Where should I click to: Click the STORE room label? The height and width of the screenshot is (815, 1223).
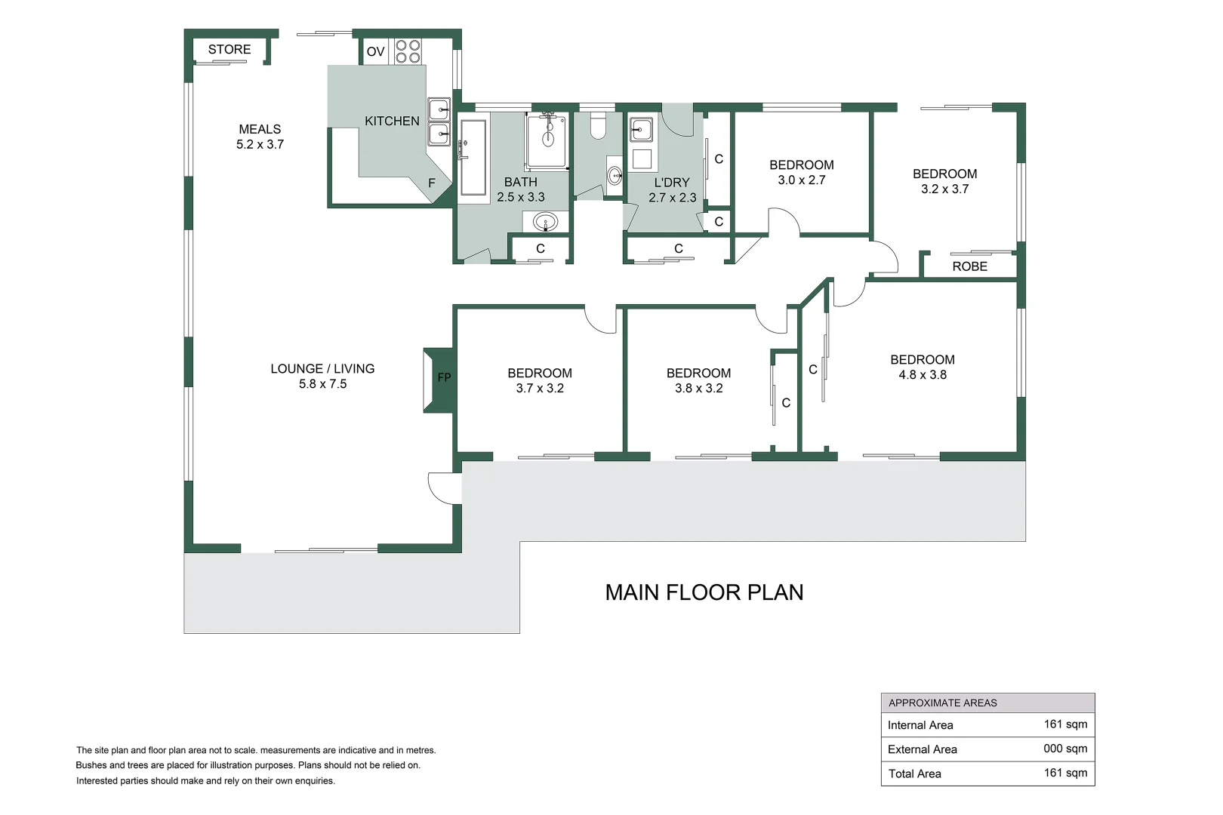pyautogui.click(x=230, y=50)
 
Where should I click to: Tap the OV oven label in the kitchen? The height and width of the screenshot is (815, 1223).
pyautogui.click(x=375, y=52)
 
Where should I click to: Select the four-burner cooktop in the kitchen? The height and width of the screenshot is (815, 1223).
pyautogui.click(x=408, y=51)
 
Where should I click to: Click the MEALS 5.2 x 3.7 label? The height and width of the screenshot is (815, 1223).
pyautogui.click(x=260, y=137)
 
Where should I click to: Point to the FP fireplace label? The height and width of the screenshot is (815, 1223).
pyautogui.click(x=444, y=377)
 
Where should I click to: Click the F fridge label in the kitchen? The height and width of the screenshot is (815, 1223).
pyautogui.click(x=432, y=183)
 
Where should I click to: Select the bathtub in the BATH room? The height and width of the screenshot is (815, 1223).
pyautogui.click(x=473, y=157)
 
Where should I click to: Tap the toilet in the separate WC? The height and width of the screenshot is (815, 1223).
pyautogui.click(x=598, y=126)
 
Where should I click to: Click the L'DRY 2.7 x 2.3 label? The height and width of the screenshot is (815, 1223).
pyautogui.click(x=672, y=190)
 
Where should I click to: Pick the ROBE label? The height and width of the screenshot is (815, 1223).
pyautogui.click(x=969, y=266)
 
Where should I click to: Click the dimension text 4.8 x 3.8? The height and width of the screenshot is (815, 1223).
pyautogui.click(x=922, y=375)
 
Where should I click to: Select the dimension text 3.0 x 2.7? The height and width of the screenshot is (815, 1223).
pyautogui.click(x=801, y=180)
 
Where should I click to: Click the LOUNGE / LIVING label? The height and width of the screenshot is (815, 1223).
pyautogui.click(x=322, y=369)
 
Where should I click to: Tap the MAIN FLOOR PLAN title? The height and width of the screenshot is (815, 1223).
pyautogui.click(x=704, y=592)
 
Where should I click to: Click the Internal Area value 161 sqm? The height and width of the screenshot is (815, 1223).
pyautogui.click(x=1065, y=724)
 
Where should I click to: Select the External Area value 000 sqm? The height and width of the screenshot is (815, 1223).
pyautogui.click(x=1065, y=749)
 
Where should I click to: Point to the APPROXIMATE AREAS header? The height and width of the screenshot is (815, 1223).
pyautogui.click(x=942, y=703)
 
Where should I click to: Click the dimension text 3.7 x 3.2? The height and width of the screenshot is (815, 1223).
pyautogui.click(x=540, y=389)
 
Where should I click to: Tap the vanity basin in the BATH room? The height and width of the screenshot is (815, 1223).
pyautogui.click(x=544, y=222)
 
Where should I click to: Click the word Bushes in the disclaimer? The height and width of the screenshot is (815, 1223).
pyautogui.click(x=91, y=765)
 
